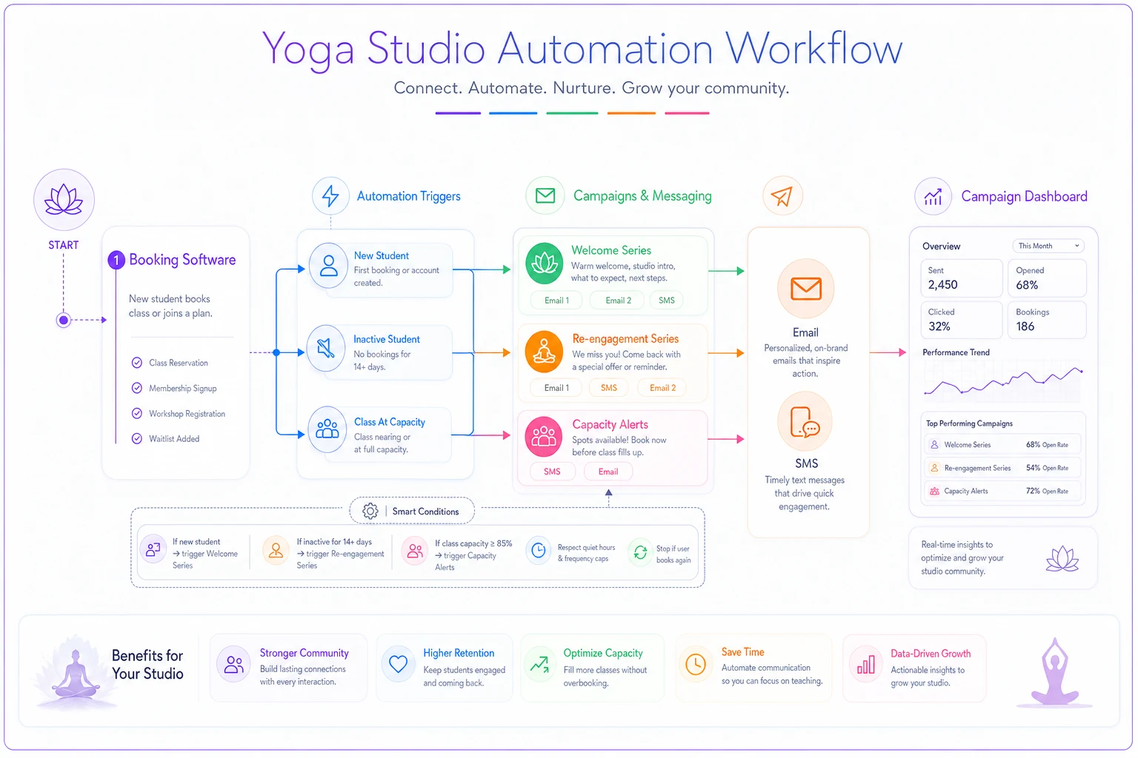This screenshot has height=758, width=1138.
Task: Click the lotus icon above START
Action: [x=64, y=200]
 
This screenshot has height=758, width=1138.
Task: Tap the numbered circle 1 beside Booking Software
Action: [x=116, y=260]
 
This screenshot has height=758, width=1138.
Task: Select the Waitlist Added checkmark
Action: [x=136, y=439]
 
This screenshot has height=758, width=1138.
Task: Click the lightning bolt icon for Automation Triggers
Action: [x=330, y=196]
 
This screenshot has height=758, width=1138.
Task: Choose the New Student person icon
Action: [x=329, y=266]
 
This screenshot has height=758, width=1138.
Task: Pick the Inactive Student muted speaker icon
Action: [x=326, y=349]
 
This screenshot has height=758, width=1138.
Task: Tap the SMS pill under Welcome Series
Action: [x=666, y=301]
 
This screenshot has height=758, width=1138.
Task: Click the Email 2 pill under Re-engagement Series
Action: [x=662, y=388]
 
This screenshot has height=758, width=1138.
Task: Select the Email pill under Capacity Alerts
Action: [x=608, y=472]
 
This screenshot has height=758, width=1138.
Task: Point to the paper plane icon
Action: [x=782, y=196]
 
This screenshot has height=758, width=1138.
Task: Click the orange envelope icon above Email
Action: [x=806, y=289]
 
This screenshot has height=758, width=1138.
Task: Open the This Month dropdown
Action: [x=1048, y=246]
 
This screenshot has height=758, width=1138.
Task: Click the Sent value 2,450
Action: [x=942, y=285]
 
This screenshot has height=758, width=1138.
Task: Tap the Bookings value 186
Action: [x=1025, y=326]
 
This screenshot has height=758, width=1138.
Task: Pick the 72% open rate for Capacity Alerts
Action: [x=1033, y=491]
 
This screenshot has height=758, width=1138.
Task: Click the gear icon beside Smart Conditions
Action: [x=370, y=511]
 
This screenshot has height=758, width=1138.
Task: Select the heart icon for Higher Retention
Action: [x=399, y=663]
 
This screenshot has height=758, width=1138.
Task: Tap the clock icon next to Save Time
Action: [x=696, y=664]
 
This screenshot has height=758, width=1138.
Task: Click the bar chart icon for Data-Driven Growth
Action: [x=865, y=664]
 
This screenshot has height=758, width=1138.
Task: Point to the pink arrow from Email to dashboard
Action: [x=888, y=352]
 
